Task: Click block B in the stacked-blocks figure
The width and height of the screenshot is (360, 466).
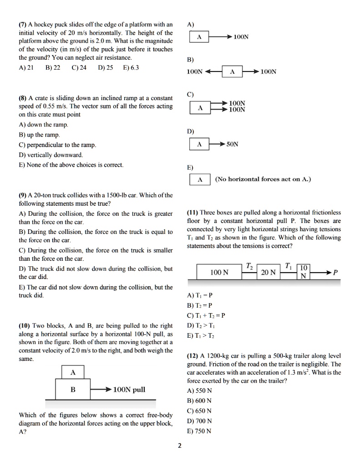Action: tap(73, 390)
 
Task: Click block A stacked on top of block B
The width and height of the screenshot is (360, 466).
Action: tap(73, 372)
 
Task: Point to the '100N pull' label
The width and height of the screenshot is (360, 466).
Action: tap(129, 390)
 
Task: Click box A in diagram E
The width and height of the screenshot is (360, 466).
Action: tap(199, 179)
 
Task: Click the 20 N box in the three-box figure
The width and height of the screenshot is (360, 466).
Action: tap(268, 272)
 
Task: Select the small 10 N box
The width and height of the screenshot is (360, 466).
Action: tap(304, 271)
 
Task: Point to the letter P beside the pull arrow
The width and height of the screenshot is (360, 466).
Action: tap(335, 273)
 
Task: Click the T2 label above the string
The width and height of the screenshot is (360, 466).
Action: tap(248, 265)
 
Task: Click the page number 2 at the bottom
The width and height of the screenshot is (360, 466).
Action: tap(179, 446)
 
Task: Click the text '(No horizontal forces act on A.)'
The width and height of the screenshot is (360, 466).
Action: tap(263, 179)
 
